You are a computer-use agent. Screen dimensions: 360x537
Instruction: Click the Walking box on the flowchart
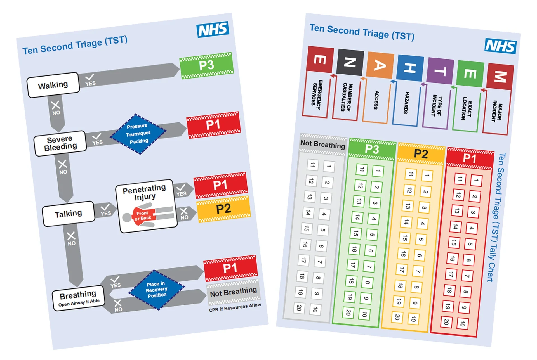click(x=53, y=85)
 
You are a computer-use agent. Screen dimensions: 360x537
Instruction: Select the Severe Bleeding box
click(x=60, y=143)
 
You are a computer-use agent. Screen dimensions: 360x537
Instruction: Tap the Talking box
click(x=69, y=214)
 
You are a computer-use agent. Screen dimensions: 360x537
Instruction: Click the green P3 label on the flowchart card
click(x=206, y=66)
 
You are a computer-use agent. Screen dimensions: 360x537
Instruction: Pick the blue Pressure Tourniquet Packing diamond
click(x=138, y=134)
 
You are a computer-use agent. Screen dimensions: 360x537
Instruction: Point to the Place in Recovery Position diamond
click(x=157, y=290)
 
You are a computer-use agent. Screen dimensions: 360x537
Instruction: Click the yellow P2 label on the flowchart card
click(x=223, y=209)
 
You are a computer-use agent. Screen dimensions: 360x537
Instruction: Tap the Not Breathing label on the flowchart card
click(x=233, y=292)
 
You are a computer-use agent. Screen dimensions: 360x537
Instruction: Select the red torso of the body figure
click(x=143, y=215)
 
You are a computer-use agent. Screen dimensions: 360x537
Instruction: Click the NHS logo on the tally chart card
click(x=500, y=46)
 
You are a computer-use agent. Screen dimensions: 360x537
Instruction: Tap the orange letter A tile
click(x=380, y=65)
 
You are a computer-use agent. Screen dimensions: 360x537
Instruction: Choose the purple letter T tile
click(x=440, y=71)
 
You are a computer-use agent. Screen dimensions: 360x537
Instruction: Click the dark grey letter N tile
click(x=350, y=62)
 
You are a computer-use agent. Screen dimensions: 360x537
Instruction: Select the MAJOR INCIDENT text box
click(x=497, y=112)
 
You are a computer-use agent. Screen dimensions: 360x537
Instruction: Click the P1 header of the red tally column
click(x=470, y=158)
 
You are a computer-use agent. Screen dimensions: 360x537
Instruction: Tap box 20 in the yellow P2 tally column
click(x=397, y=317)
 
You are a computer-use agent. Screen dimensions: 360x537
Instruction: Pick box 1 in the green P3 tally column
click(x=378, y=170)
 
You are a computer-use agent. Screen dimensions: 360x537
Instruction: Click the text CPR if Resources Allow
click(x=235, y=307)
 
